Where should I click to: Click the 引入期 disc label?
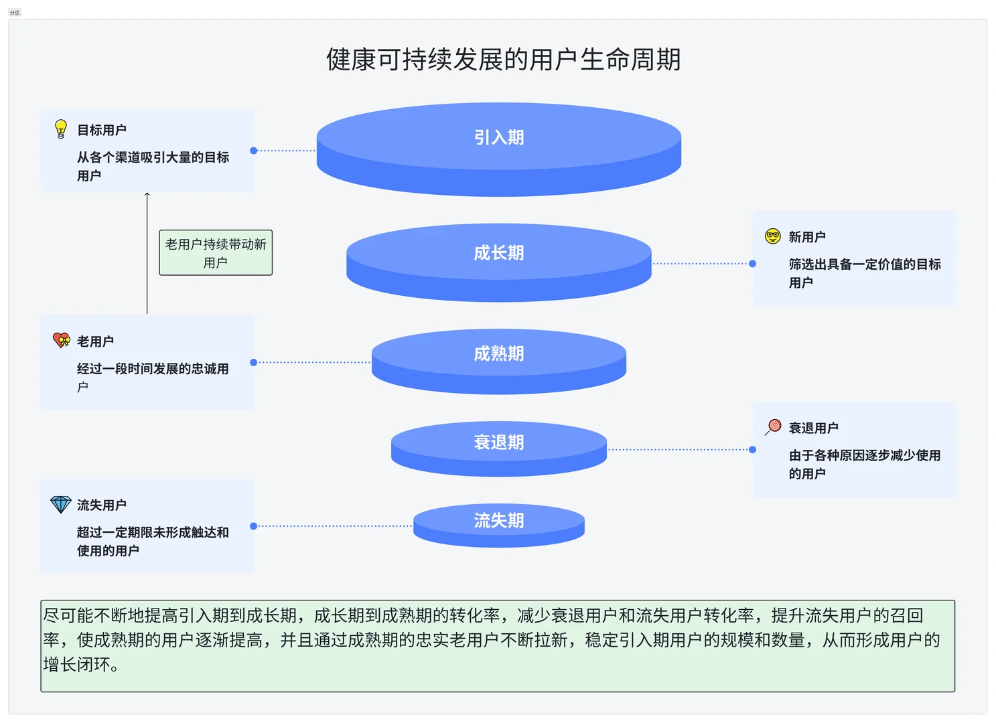click(x=498, y=137)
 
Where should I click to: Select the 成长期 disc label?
click(x=498, y=252)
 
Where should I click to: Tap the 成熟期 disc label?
click(x=498, y=353)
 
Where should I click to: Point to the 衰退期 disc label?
click(x=498, y=443)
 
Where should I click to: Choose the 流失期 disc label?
click(x=498, y=520)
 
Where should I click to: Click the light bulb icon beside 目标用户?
click(x=61, y=129)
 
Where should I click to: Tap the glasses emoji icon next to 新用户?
click(x=773, y=236)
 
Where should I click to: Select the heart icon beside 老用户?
click(x=61, y=340)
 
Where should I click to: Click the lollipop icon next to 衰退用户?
click(x=774, y=426)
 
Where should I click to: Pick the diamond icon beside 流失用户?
click(x=61, y=504)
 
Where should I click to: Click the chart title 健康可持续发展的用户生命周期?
click(x=503, y=60)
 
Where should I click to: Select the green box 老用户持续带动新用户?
click(x=216, y=253)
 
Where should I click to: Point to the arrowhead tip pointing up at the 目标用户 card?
click(x=147, y=194)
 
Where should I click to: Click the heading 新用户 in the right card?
click(x=806, y=237)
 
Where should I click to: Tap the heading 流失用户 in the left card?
click(x=101, y=505)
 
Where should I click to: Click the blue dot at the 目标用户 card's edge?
click(x=253, y=151)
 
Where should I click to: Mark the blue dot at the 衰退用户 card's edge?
click(x=752, y=450)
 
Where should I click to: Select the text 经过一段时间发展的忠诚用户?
click(x=152, y=377)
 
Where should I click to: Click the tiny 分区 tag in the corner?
click(x=15, y=12)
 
